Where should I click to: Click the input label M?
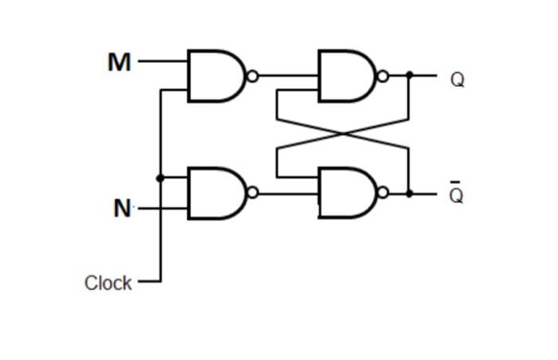(119, 62)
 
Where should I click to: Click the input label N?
(122, 209)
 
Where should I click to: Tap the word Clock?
(108, 283)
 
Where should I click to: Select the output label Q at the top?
(457, 80)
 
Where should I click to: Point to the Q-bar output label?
(456, 195)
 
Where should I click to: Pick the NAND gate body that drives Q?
(345, 76)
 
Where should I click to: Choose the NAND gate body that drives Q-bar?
(345, 193)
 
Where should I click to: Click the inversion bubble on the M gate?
(253, 76)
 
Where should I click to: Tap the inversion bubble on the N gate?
(253, 192)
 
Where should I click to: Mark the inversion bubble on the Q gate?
(383, 76)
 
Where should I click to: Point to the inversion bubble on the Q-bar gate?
(383, 193)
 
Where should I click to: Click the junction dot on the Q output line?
(409, 76)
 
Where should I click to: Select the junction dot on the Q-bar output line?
(409, 193)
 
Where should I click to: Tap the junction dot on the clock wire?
(160, 178)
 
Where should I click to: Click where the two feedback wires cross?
(343, 134)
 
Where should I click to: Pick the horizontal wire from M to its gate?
(163, 61)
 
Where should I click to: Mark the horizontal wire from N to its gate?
(163, 209)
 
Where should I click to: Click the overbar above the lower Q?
(456, 183)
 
